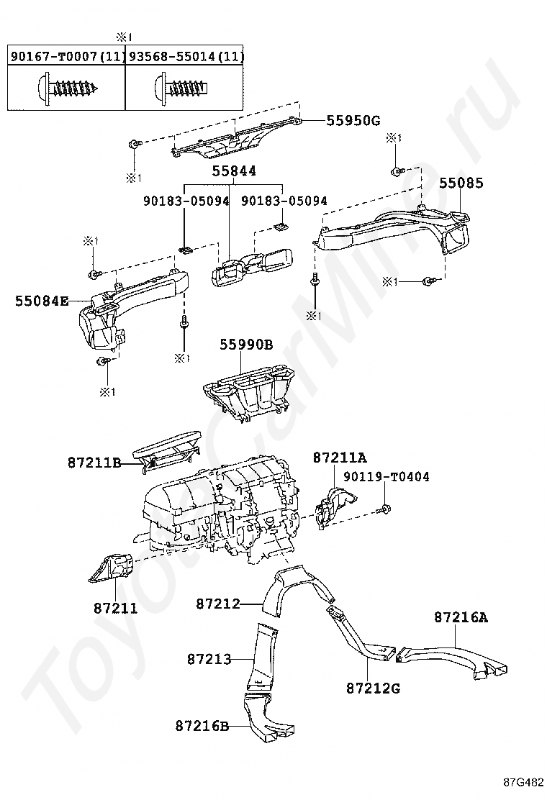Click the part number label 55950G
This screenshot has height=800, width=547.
click(x=353, y=120)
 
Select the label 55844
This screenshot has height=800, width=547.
click(x=234, y=171)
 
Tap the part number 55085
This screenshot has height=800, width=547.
click(x=461, y=183)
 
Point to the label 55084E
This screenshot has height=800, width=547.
click(x=42, y=301)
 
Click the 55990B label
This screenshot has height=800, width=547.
click(x=246, y=345)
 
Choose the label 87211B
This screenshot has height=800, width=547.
click(x=94, y=463)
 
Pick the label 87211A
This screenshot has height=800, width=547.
click(x=340, y=458)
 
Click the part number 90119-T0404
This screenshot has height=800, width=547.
click(x=386, y=477)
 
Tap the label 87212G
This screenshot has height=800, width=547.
click(x=373, y=688)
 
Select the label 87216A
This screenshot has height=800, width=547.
click(x=461, y=617)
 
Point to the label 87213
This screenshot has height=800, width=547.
click(x=209, y=658)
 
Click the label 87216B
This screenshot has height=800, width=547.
click(x=202, y=726)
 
